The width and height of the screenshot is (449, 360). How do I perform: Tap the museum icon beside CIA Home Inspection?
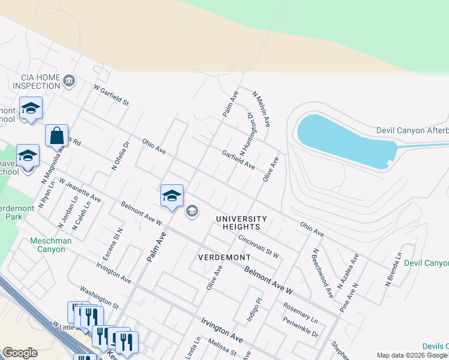coord(69,80)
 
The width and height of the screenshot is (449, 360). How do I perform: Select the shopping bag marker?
coord(56,137)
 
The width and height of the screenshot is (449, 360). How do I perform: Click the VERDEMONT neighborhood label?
coord(224,257)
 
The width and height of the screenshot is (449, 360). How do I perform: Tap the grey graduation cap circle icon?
coord(192,211)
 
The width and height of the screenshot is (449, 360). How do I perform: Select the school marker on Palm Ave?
coord(172,196)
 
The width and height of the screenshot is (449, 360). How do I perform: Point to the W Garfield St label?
coord(112,95)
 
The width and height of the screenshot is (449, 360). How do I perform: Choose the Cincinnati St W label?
coord(259,246)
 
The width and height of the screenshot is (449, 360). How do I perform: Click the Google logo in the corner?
coord(20,353)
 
